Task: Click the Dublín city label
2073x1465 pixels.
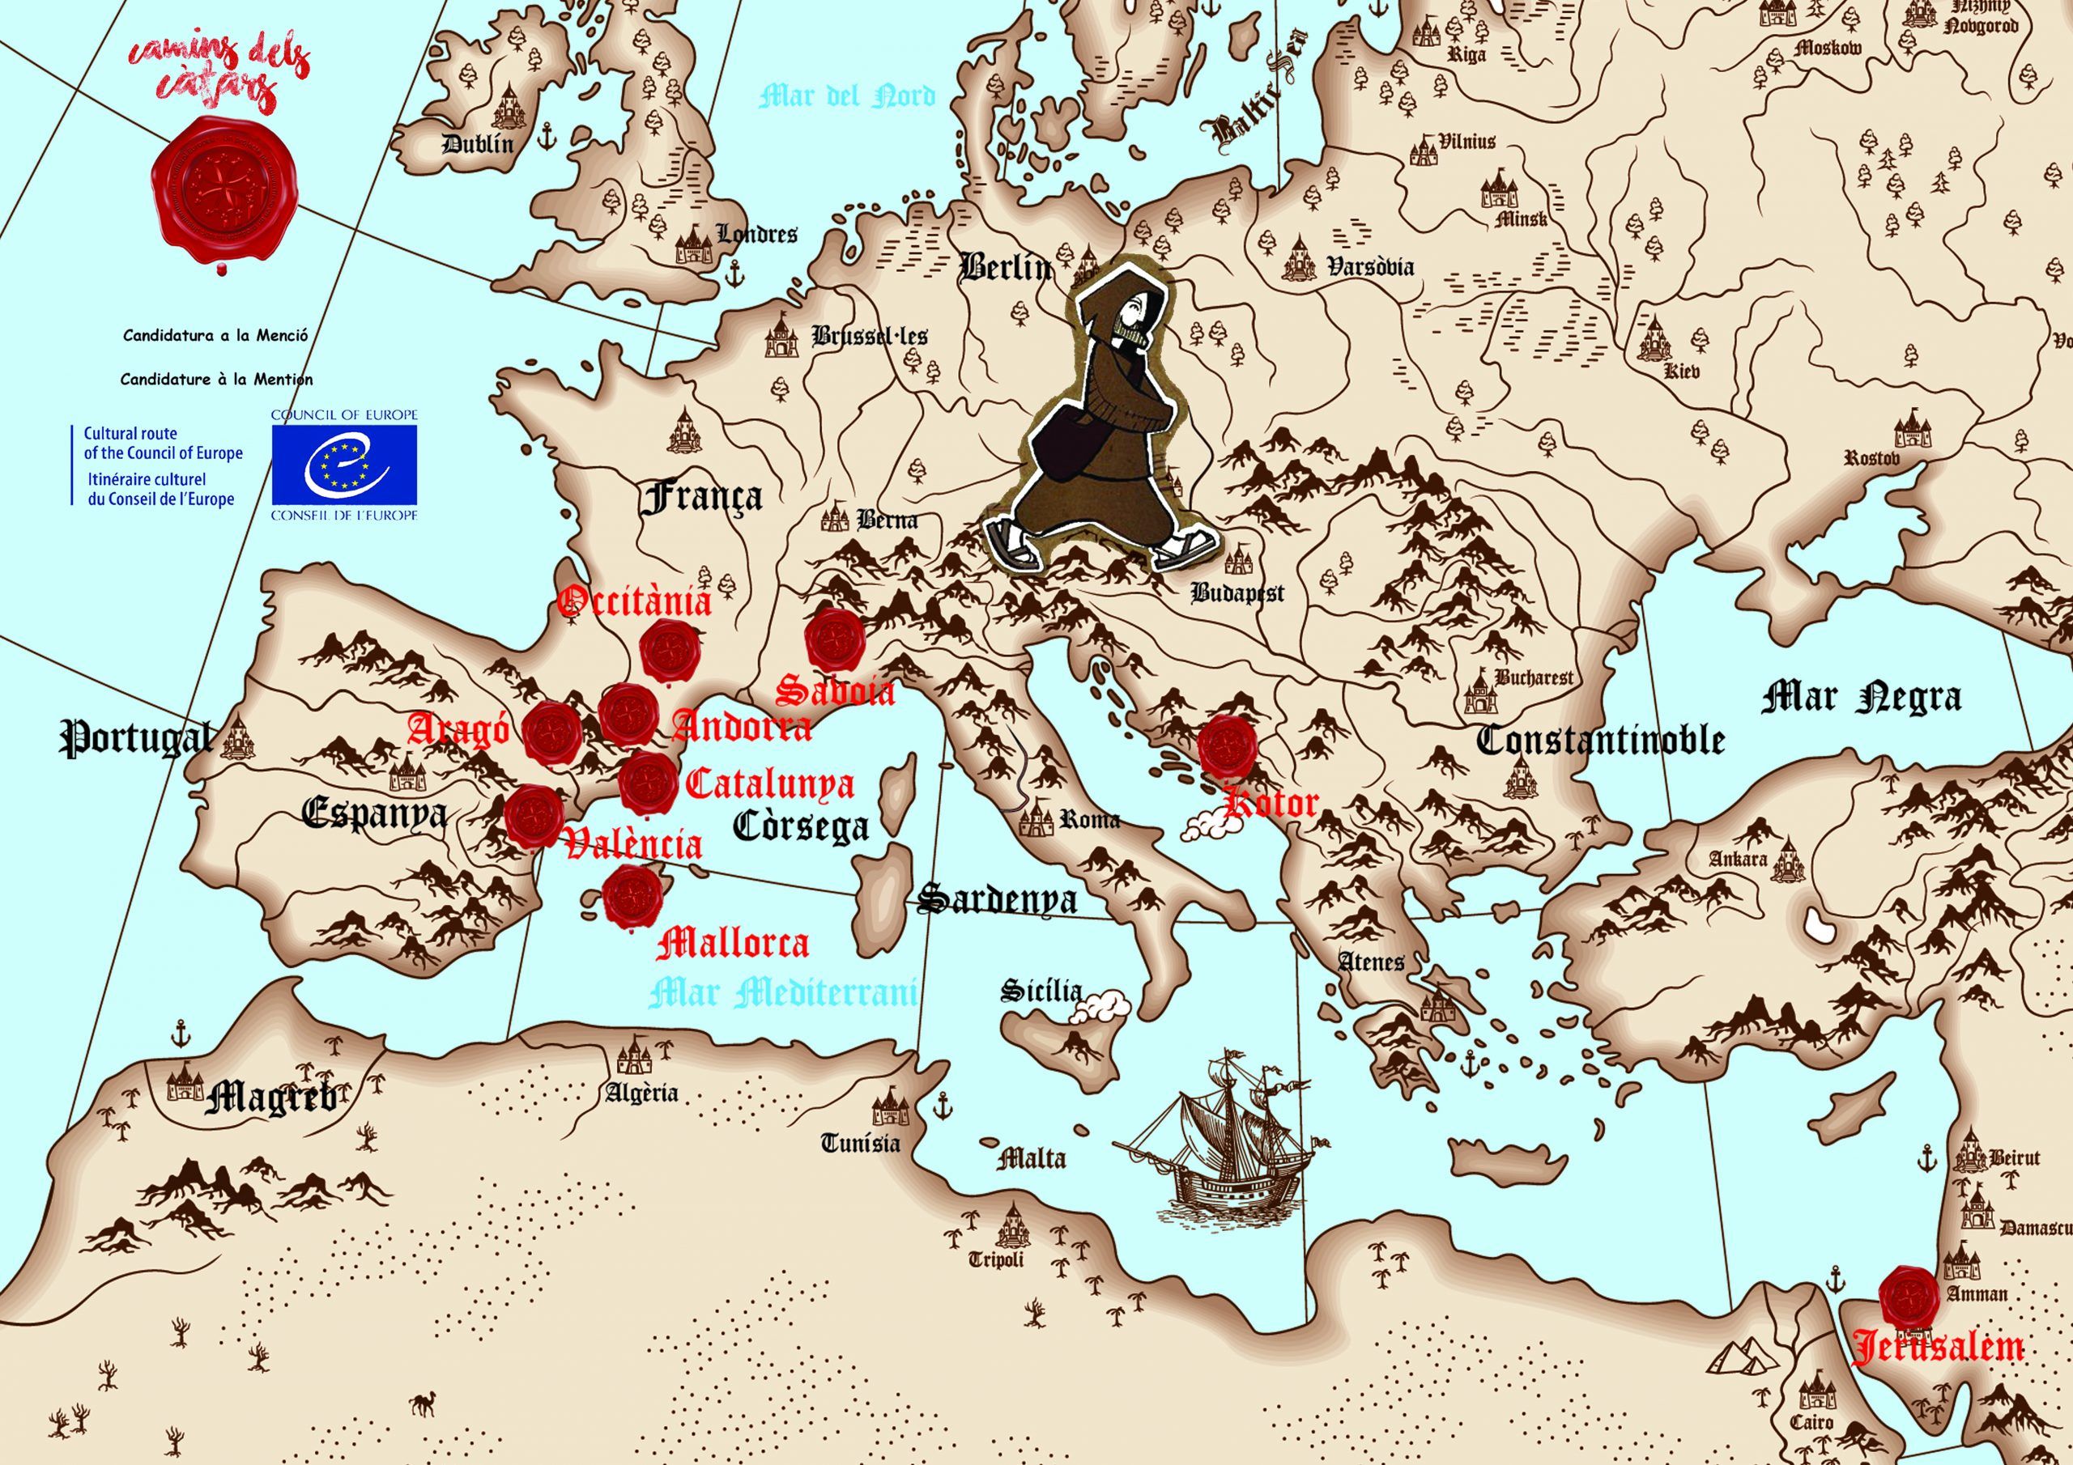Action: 478,143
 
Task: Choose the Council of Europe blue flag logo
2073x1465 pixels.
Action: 345,465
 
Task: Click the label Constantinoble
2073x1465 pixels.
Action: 1600,740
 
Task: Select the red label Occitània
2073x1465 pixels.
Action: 635,601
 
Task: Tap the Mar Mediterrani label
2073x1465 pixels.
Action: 784,993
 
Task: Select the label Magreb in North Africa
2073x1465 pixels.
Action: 270,1098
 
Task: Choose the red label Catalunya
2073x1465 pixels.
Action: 769,784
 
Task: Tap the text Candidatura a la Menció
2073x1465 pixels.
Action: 215,335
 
